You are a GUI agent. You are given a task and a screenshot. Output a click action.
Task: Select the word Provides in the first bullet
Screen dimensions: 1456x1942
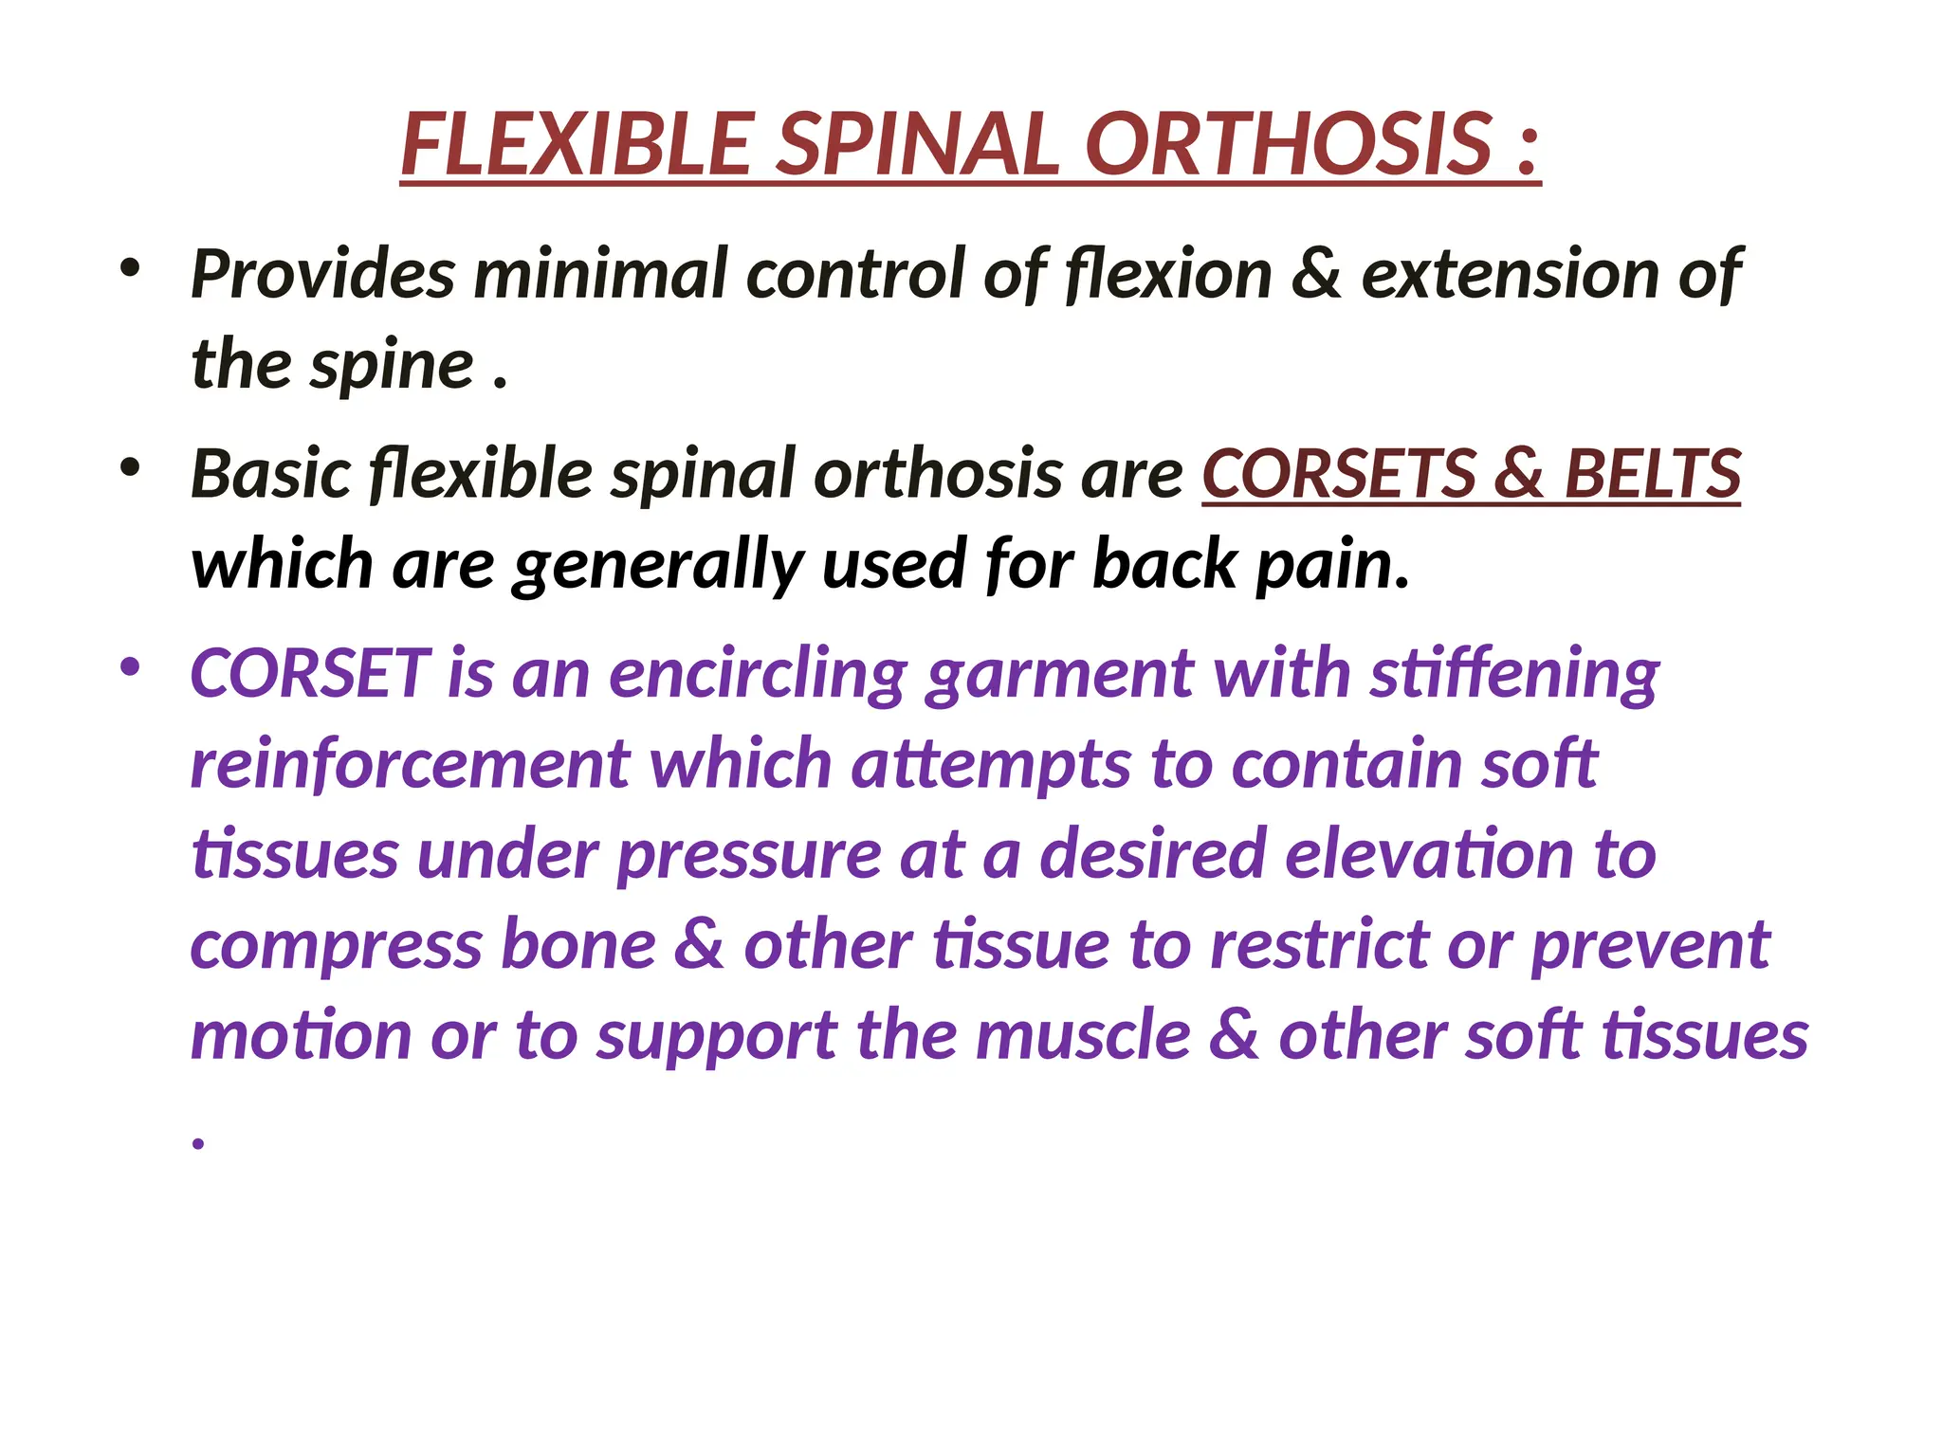pos(322,275)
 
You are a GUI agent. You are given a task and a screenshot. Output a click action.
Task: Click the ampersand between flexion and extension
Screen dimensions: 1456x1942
pos(1316,275)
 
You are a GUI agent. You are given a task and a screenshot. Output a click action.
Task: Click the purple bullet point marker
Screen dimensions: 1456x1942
pos(130,667)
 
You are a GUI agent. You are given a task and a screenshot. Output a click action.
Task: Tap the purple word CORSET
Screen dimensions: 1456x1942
pos(310,674)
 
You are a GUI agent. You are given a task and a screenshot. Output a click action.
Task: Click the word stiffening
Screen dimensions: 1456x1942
pos(1514,674)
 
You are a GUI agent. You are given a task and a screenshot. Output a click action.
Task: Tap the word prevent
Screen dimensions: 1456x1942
pos(1650,946)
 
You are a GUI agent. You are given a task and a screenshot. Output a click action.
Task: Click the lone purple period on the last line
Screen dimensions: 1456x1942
pos(198,1143)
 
